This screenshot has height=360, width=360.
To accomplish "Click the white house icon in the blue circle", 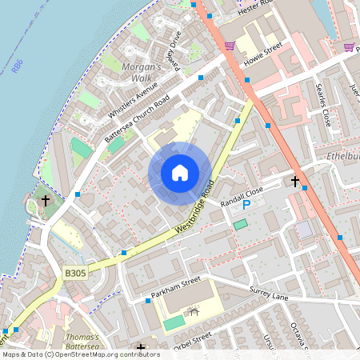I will click(x=180, y=172).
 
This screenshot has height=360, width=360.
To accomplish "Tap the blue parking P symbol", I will click(x=247, y=206).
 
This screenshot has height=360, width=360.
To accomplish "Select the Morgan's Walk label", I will click(x=142, y=72).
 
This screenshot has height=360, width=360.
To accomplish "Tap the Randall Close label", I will click(x=242, y=192).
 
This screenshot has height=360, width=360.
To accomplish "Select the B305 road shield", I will click(x=75, y=274).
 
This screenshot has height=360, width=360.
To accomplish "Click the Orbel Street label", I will click(x=193, y=340).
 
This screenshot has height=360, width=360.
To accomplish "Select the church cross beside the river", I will click(x=46, y=200).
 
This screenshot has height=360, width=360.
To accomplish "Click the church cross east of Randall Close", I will click(x=295, y=182).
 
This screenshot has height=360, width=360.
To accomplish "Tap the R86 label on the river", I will click(x=18, y=62).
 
